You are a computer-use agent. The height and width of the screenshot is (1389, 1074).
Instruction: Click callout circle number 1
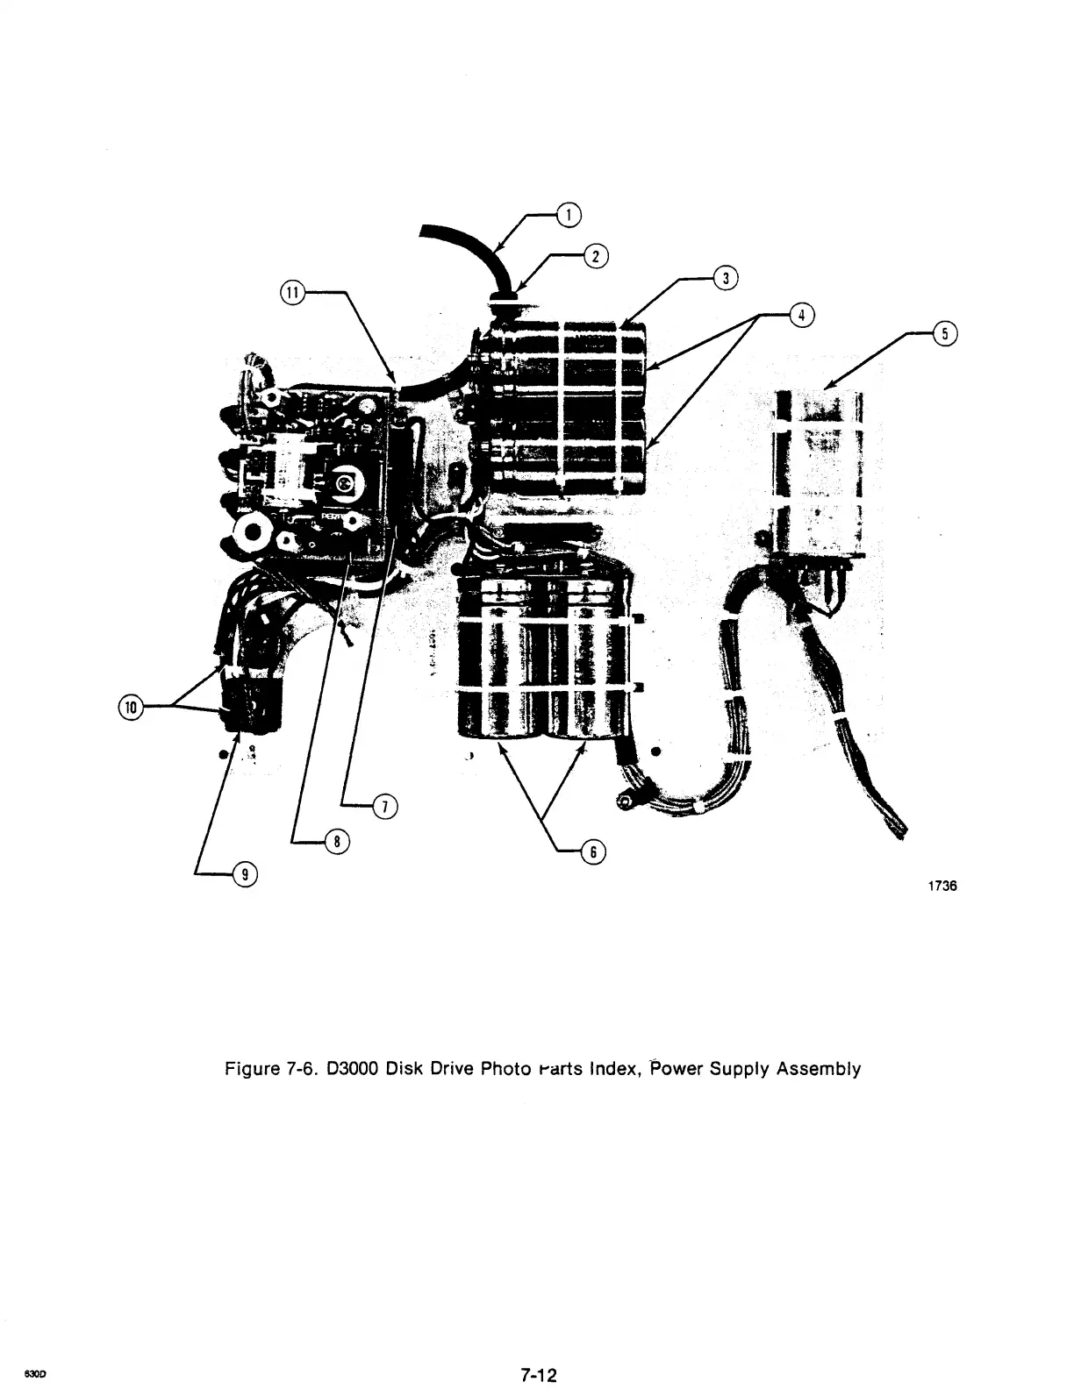click(x=569, y=214)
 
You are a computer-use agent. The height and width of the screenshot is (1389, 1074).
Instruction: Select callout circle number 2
click(x=596, y=256)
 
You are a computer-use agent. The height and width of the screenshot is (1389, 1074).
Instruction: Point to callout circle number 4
click(x=801, y=315)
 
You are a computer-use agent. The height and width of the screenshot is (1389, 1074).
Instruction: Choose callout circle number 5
click(x=944, y=334)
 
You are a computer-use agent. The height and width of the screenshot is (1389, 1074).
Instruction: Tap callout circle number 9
click(x=245, y=873)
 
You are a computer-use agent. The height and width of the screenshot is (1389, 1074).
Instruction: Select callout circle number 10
click(x=131, y=707)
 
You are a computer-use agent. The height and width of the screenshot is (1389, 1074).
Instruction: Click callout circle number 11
click(x=291, y=293)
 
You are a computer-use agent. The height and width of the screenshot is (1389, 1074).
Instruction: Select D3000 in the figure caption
click(x=351, y=1069)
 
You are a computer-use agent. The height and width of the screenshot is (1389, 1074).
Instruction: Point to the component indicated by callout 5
click(x=816, y=474)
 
